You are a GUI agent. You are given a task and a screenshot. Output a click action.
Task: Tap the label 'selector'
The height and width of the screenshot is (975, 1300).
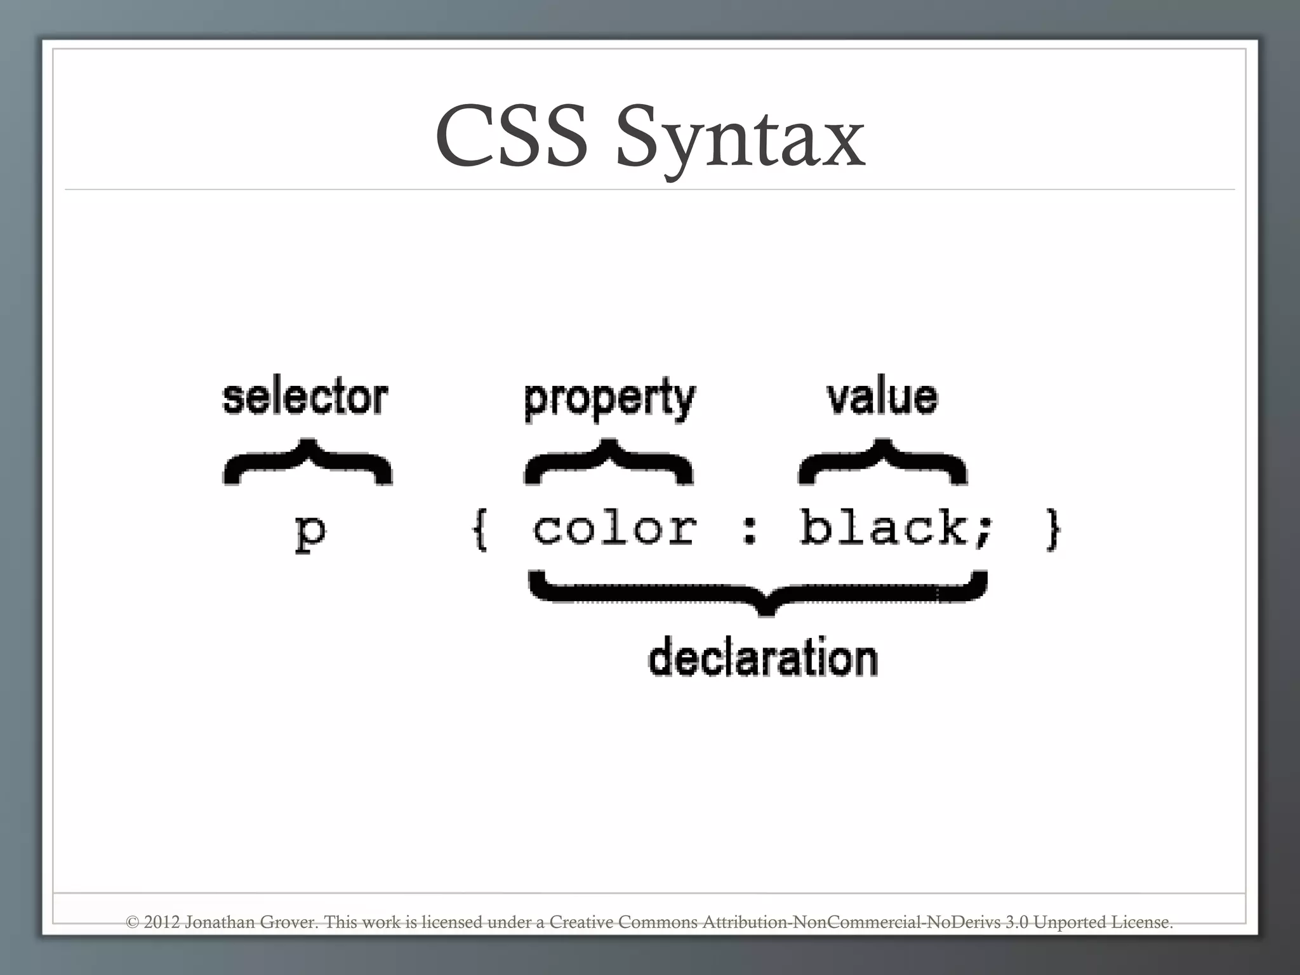coord(305,397)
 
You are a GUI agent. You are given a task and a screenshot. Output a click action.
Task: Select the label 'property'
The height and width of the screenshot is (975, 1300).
coord(610,399)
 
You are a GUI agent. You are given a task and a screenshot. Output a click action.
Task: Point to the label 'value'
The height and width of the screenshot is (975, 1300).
coord(882,397)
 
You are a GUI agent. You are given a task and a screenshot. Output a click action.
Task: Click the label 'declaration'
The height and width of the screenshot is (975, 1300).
coord(763,658)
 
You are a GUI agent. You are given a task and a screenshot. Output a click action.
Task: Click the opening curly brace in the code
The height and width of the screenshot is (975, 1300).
coord(481,529)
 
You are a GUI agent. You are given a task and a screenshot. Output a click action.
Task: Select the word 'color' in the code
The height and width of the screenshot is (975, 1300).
coord(614,528)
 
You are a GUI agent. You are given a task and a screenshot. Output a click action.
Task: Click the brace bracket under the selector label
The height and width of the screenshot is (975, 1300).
coord(308,461)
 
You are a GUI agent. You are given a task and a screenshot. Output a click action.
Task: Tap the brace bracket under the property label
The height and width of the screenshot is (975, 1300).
coord(609,461)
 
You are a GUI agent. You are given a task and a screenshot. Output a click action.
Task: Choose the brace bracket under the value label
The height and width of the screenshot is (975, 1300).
coord(882,461)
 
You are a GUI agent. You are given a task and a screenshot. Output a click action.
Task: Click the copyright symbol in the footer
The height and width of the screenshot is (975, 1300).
coord(133,922)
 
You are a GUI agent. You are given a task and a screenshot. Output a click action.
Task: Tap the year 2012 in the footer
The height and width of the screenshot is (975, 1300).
coord(162,922)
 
